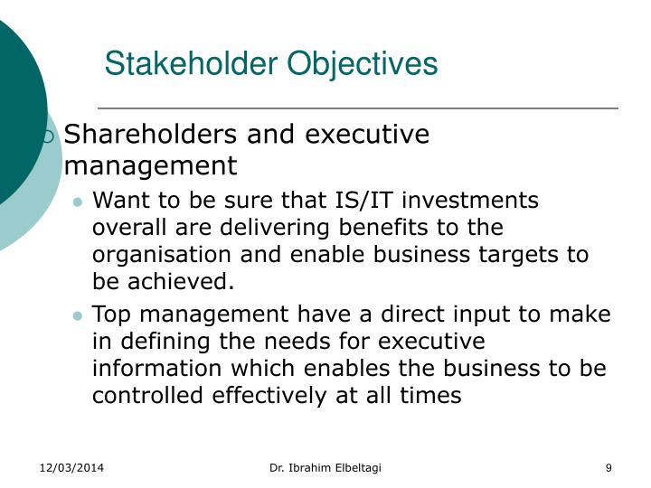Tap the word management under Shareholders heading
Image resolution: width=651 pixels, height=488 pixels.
click(150, 166)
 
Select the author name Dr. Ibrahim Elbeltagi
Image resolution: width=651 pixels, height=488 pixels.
click(325, 467)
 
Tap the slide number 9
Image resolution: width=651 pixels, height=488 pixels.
click(609, 467)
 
